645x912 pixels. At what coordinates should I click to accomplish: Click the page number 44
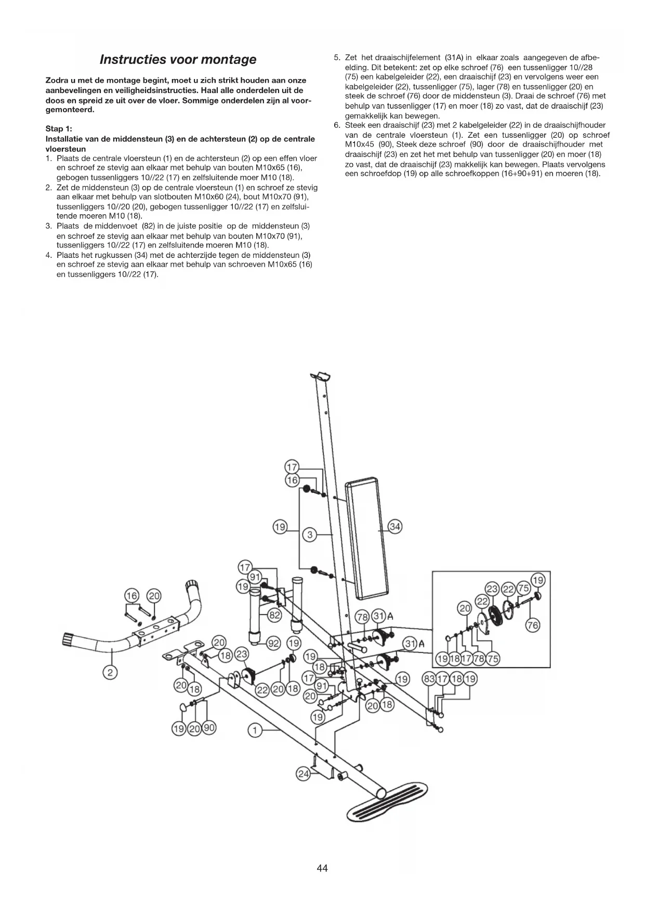tap(322, 868)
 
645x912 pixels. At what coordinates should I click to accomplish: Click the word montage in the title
tap(228, 59)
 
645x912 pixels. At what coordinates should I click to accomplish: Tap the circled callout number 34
tap(395, 527)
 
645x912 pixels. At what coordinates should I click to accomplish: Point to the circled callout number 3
tap(309, 535)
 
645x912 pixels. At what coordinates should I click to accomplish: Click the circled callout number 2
tap(110, 673)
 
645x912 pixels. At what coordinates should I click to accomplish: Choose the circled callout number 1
tap(255, 731)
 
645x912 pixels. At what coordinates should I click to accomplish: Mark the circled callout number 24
tap(302, 774)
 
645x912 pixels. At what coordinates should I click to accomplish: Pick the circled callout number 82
tap(274, 615)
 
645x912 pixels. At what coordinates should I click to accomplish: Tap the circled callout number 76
tap(533, 625)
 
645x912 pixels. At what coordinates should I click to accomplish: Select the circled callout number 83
tap(430, 679)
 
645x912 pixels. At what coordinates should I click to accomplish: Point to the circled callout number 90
tap(209, 728)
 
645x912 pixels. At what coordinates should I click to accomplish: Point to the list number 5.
tap(336, 58)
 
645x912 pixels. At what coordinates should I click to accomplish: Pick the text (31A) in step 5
tap(454, 58)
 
